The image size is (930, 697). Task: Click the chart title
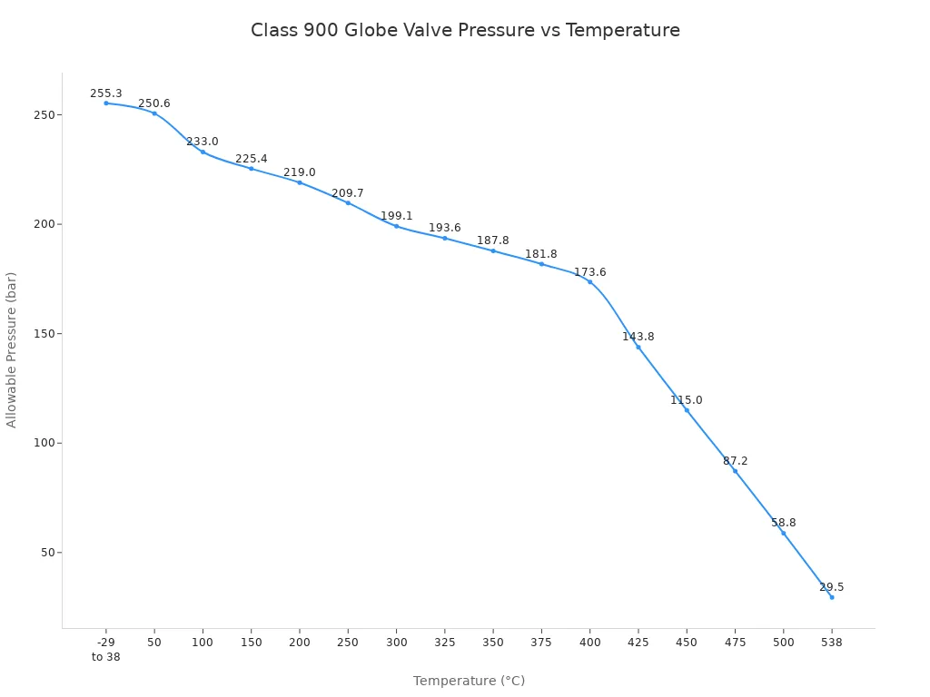point(465,30)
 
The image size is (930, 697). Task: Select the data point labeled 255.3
point(106,103)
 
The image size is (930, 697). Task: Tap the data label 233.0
point(203,142)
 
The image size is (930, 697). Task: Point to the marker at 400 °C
point(589,281)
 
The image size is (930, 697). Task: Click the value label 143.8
point(638,337)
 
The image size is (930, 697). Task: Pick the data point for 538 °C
point(831,597)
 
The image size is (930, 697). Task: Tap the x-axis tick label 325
point(444,642)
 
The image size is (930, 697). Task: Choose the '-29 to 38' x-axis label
point(105,649)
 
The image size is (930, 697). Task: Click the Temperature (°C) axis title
point(469,681)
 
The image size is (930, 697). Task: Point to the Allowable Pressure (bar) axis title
point(12,349)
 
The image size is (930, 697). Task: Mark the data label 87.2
point(735,461)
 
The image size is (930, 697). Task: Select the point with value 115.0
point(687,410)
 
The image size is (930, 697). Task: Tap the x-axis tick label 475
point(735,642)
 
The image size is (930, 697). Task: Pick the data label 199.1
point(396,216)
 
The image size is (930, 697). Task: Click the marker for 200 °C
point(300,182)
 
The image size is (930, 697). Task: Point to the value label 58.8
point(783,523)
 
